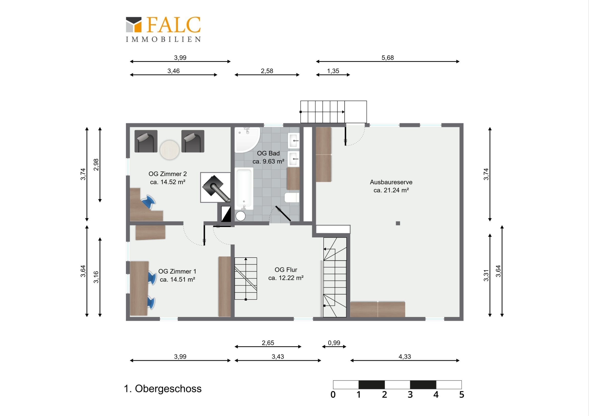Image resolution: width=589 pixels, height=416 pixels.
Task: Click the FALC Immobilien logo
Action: coord(163,29)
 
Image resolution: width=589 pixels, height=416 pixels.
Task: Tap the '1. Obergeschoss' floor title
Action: coord(163,389)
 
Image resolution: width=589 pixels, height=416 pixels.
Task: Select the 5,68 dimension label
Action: coord(387,58)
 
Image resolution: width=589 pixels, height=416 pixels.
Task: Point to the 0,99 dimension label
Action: coord(334,343)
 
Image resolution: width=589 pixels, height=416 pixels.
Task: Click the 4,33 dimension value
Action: coord(405,357)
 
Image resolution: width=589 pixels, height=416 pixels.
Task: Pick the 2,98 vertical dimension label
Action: coord(96,165)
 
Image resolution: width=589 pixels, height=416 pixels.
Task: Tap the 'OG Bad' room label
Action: coord(268,153)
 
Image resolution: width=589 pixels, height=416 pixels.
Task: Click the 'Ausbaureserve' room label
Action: coord(391,182)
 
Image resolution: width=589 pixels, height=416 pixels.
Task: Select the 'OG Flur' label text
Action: coord(286,270)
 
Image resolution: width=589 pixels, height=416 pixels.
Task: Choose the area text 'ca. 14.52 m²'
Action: coord(167,182)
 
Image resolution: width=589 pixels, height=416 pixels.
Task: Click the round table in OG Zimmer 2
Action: coord(170,150)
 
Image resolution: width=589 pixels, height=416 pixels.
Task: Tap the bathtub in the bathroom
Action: coord(244,189)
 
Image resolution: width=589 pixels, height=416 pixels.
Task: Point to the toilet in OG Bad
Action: coord(292,198)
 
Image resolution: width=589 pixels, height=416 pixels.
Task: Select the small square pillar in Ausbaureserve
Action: coord(398,223)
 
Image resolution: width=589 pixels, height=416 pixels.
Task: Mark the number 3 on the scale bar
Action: coord(410,395)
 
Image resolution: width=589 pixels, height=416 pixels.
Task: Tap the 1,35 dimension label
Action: coord(333,71)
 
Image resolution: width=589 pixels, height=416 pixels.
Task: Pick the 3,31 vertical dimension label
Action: coord(486,276)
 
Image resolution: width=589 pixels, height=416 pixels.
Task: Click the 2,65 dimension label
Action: coord(268,343)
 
